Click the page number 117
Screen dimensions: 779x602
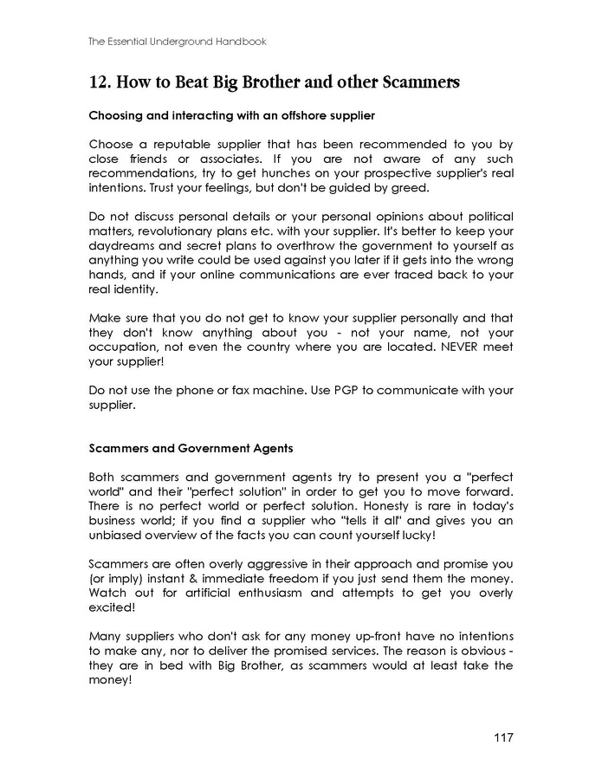pyautogui.click(x=502, y=737)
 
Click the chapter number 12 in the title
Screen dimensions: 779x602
pyautogui.click(x=98, y=83)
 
